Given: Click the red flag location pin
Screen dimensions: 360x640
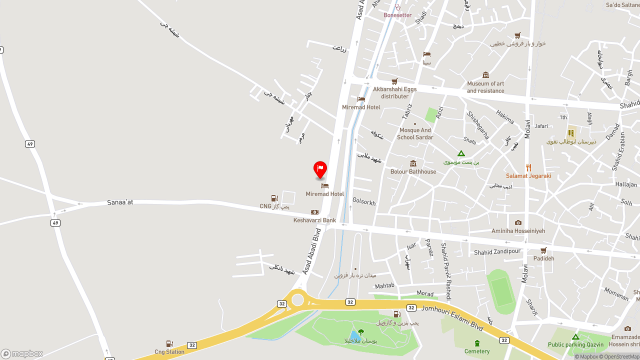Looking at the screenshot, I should click(320, 169).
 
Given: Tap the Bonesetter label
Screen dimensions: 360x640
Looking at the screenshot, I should click(397, 15).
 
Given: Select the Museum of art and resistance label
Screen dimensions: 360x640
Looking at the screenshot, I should click(485, 87).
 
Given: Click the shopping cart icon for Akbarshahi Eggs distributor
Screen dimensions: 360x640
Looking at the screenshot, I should click(394, 81).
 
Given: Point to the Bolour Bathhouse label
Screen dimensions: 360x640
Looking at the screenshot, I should click(413, 171).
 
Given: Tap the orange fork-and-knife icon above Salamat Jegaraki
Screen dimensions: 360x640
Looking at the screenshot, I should click(528, 167).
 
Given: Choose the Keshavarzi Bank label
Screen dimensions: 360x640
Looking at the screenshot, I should click(314, 220).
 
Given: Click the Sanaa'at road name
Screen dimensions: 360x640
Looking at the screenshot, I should click(120, 202).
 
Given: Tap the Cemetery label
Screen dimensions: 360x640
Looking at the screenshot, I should click(477, 351).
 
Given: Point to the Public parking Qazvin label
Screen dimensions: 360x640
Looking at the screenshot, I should click(575, 344).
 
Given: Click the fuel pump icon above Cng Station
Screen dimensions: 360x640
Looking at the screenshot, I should click(169, 343).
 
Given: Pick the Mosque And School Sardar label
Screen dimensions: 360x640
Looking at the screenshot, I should click(415, 133).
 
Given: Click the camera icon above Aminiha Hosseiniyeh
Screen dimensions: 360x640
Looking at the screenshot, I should click(518, 222).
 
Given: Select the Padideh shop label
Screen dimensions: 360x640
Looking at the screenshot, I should click(543, 258).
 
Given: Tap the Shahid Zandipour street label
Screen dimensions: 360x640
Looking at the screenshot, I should click(497, 252).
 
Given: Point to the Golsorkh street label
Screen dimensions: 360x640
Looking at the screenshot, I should click(364, 202).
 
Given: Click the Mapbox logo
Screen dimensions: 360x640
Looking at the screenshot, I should click(22, 353).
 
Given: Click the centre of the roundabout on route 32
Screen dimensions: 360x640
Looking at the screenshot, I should click(297, 300).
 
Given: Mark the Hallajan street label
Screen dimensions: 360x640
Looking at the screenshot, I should click(626, 184).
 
